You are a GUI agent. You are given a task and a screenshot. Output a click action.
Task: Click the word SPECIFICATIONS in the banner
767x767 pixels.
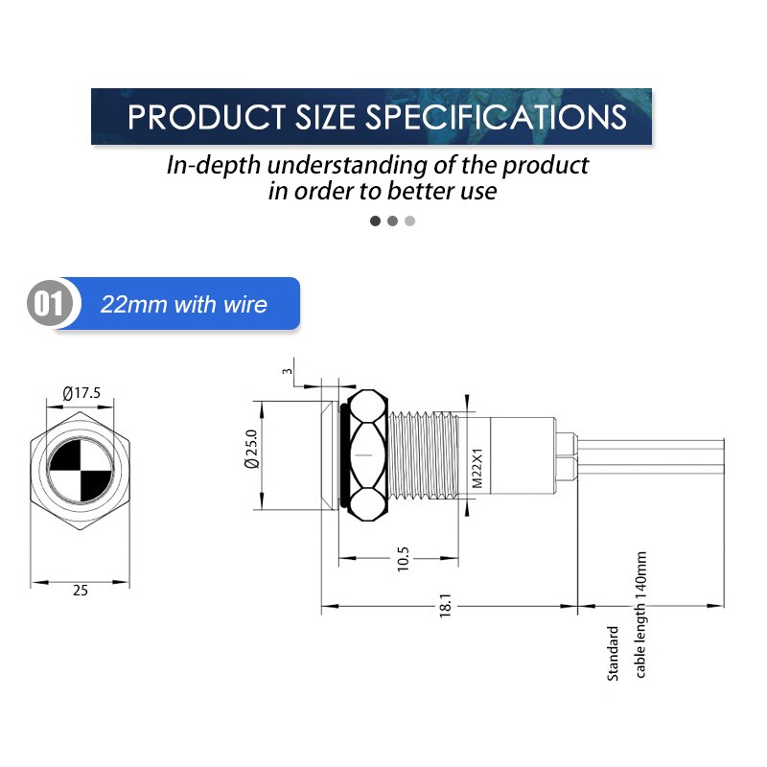tap(496, 117)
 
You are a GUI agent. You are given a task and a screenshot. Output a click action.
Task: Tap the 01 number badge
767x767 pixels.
tap(49, 305)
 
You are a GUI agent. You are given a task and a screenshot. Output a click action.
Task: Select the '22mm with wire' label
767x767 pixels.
tap(184, 305)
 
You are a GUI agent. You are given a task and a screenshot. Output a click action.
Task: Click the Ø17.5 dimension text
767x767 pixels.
tap(81, 393)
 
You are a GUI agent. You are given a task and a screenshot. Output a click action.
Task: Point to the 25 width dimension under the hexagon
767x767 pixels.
tap(81, 591)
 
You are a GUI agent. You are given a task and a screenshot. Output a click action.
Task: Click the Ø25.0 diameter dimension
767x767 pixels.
tap(251, 448)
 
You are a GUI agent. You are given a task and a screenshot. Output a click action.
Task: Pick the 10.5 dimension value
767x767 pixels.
tap(403, 559)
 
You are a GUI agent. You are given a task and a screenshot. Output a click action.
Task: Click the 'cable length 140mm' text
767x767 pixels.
tap(641, 615)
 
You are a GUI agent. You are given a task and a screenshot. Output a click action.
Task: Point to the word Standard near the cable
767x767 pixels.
tap(614, 653)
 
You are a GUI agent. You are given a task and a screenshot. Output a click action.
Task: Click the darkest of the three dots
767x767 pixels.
tap(375, 221)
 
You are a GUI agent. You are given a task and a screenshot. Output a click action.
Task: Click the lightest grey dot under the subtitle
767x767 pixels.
tap(409, 221)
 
